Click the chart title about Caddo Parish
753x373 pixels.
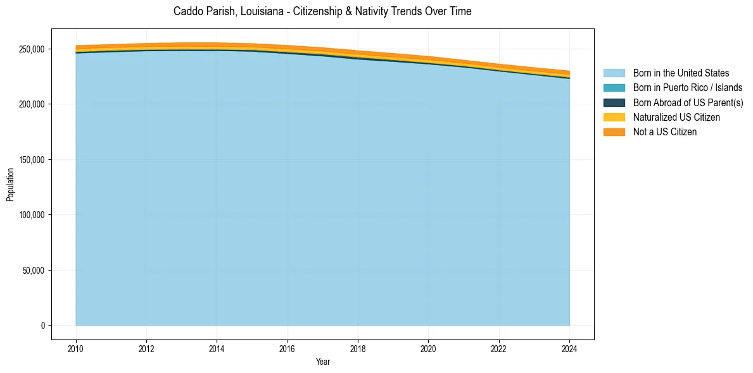[322, 11]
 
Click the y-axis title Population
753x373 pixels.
[10, 185]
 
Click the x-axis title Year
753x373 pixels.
[322, 362]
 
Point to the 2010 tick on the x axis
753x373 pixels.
[76, 348]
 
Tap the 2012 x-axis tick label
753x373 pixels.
[146, 348]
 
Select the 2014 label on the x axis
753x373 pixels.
[217, 348]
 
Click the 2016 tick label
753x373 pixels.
[288, 348]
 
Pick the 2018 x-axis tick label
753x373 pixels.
[358, 348]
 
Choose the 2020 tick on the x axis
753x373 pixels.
[428, 348]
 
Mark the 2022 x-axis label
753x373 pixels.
[499, 348]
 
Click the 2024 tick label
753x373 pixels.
[569, 348]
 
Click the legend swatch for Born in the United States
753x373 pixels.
[614, 73]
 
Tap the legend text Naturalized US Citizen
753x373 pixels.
[676, 118]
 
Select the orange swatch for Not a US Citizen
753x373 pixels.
[614, 132]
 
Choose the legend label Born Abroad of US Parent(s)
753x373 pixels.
[688, 103]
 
